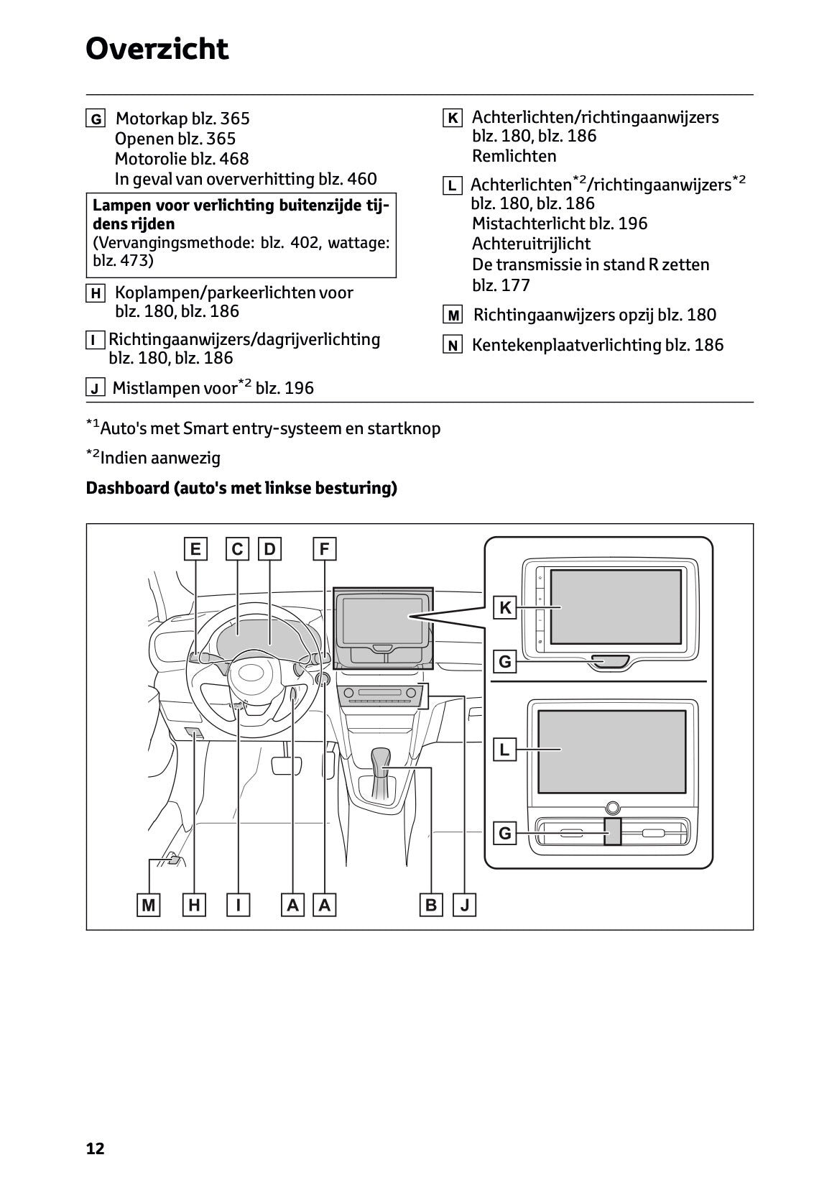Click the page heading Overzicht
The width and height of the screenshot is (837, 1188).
point(157,50)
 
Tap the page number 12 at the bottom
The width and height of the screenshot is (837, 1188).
point(95,1148)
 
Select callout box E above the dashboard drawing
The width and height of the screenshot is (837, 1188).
point(195,549)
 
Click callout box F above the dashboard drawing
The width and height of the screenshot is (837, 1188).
point(324,549)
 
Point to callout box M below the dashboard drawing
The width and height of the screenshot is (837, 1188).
point(149,905)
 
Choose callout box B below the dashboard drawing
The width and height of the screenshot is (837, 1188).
point(431,905)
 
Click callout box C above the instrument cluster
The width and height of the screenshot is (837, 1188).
point(238,549)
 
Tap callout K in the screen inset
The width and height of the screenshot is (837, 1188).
point(505,608)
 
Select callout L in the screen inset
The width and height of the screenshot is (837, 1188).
point(505,750)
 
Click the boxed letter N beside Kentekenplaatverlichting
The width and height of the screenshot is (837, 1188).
point(453,346)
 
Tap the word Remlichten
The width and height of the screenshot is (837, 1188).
point(514,156)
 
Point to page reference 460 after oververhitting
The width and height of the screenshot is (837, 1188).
point(362,179)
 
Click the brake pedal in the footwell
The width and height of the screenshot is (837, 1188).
point(286,765)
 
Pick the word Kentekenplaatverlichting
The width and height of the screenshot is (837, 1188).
point(566,345)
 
